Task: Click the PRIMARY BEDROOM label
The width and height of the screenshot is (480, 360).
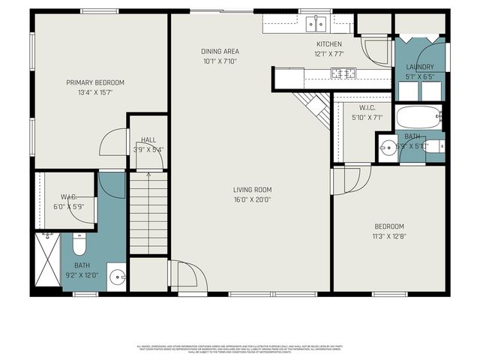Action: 94,82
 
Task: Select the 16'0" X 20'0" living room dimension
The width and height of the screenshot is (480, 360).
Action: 251,199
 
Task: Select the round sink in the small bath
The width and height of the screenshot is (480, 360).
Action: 388,147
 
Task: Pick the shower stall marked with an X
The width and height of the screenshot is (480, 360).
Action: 48,260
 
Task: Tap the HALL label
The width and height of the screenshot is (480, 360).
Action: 148,139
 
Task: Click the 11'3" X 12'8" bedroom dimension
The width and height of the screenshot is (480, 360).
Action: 389,237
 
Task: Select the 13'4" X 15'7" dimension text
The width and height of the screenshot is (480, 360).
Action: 94,92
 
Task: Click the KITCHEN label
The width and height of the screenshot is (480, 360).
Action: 329,44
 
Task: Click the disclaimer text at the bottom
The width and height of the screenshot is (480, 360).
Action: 240,348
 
